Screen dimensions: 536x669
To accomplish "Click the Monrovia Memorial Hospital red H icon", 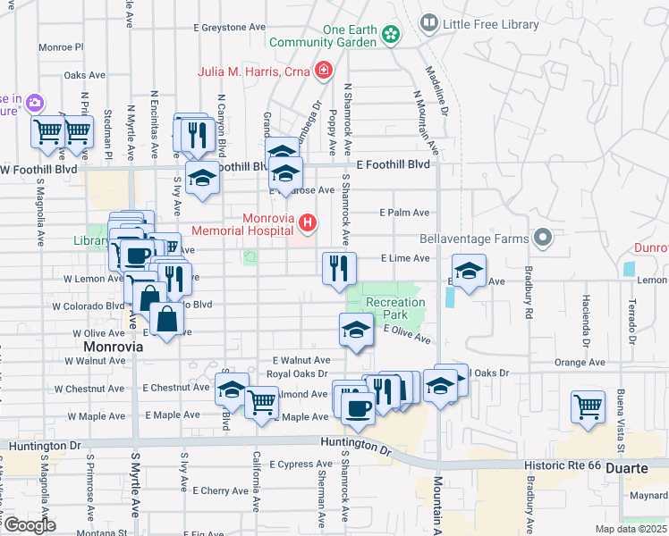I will [308, 222].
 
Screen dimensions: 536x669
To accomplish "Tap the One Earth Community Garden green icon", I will [390, 35].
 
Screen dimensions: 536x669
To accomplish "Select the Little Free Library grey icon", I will [429, 22].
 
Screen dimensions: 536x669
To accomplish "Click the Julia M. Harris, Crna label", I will [256, 71].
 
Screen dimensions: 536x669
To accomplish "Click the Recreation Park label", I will [394, 309].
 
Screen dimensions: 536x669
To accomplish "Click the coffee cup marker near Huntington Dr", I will [358, 408].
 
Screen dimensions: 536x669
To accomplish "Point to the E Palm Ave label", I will [404, 213].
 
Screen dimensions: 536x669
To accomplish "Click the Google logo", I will [29, 525].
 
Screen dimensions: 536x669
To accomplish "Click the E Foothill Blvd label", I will [393, 165].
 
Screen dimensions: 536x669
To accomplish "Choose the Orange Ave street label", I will [580, 363].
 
